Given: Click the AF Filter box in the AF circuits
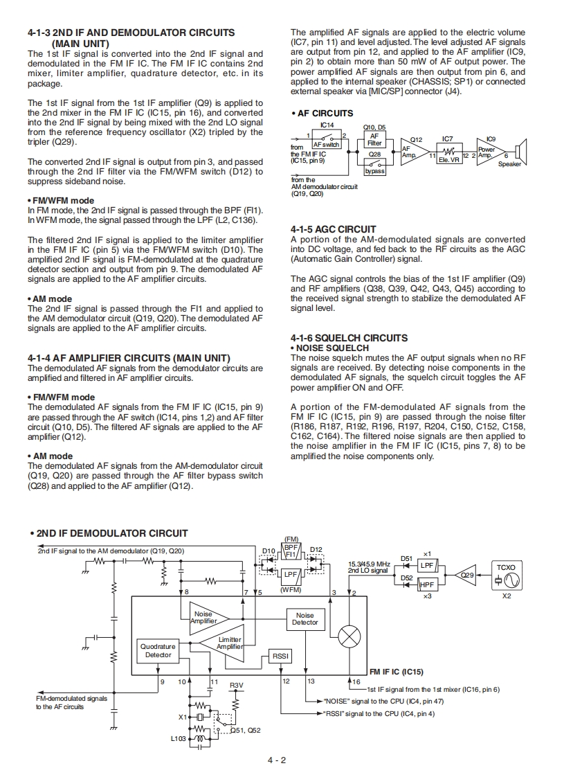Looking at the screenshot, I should click(374, 139).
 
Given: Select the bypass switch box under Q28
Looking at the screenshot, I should click(374, 167).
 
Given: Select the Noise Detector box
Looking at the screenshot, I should click(304, 618).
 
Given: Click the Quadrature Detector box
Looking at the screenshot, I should click(158, 650).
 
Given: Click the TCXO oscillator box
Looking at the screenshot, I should click(506, 576).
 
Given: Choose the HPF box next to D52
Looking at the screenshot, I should click(427, 585).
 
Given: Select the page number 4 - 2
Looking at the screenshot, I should click(278, 760).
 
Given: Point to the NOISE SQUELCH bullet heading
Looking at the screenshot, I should click(329, 348).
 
